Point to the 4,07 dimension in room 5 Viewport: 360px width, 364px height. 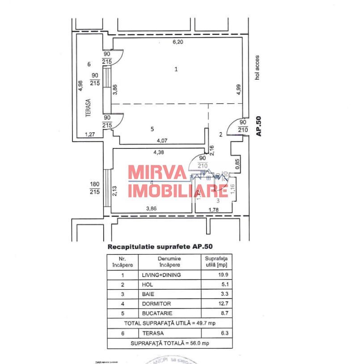pos(162,140)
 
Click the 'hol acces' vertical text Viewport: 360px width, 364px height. pos(257,68)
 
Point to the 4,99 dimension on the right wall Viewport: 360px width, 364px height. pos(237,90)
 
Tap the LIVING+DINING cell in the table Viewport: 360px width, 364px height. pos(161,275)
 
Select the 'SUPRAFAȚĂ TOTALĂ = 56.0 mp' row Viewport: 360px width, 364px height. pos(169,343)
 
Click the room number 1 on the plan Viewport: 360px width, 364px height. pos(176,69)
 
